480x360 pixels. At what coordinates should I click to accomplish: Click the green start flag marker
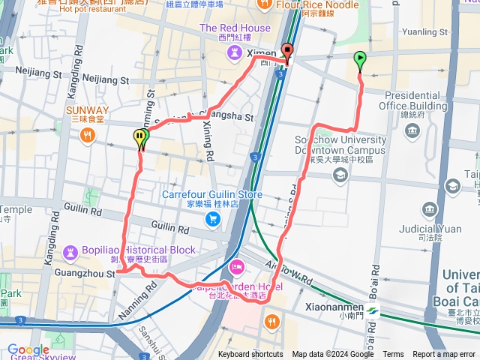(360, 59)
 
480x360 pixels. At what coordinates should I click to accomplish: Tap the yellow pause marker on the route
(140, 137)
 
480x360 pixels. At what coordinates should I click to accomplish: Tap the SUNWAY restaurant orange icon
(88, 135)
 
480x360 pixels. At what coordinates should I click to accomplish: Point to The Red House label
(235, 28)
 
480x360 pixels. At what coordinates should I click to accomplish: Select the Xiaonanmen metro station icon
(373, 308)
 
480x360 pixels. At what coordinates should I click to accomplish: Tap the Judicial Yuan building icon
(430, 208)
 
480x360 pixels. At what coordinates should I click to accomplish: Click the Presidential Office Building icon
(412, 131)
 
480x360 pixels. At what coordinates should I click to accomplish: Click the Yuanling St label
(424, 32)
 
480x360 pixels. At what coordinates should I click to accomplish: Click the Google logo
(28, 349)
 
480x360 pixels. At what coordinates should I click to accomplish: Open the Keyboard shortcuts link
(250, 355)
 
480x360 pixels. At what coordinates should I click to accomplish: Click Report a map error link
(444, 355)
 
